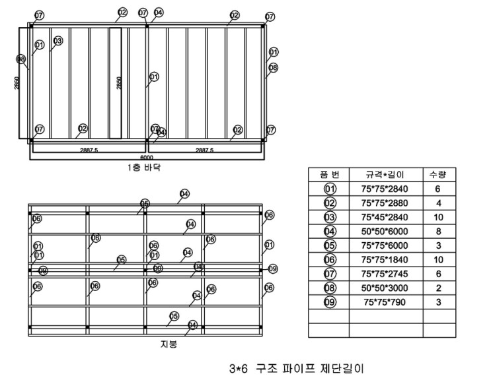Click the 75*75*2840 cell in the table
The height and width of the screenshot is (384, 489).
(x=386, y=189)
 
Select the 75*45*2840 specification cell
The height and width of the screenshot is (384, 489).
(x=386, y=217)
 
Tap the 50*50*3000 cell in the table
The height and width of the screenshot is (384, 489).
(x=386, y=288)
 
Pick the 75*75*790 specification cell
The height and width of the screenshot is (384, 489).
(x=386, y=302)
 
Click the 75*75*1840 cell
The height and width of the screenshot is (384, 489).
(x=386, y=259)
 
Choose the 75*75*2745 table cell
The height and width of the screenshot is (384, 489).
(x=386, y=274)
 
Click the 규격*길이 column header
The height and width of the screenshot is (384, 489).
(x=386, y=175)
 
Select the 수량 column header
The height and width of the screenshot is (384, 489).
(x=439, y=175)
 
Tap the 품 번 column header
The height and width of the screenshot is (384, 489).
(x=329, y=175)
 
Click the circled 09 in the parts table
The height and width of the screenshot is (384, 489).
(x=329, y=302)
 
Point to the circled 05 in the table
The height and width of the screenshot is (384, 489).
(x=329, y=245)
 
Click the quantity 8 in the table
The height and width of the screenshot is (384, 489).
(x=439, y=232)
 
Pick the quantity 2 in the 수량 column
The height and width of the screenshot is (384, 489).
(x=439, y=288)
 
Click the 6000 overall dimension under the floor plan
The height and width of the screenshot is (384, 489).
(x=146, y=158)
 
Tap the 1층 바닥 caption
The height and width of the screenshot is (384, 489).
(x=145, y=168)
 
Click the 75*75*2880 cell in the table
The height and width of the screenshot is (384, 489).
(x=386, y=203)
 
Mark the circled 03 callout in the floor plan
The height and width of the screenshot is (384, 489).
(x=58, y=41)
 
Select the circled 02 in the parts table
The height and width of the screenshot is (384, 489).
(x=329, y=203)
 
